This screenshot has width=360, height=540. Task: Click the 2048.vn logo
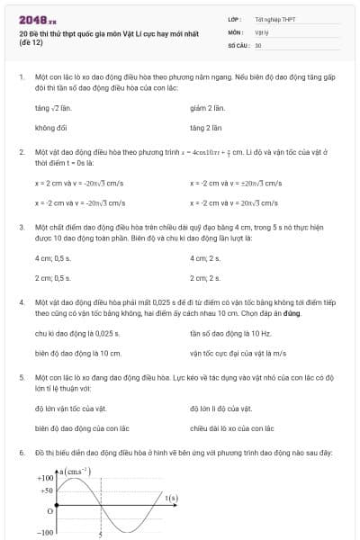pos(37,19)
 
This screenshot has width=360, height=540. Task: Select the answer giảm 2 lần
pos(207,107)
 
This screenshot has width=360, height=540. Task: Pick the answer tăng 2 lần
pos(206,128)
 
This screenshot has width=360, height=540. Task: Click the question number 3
pos(22,228)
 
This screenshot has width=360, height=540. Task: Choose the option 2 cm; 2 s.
pos(205,278)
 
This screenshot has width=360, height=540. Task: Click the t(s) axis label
pos(171,498)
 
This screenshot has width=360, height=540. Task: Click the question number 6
pos(22,450)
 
